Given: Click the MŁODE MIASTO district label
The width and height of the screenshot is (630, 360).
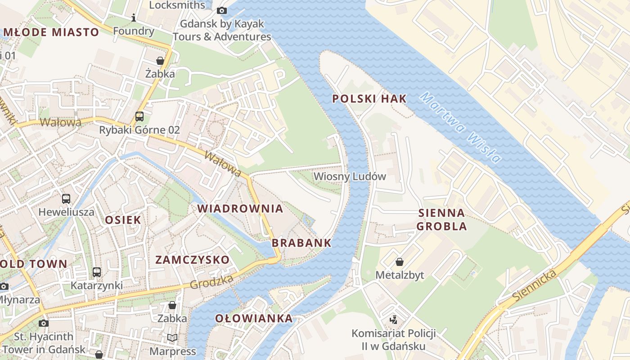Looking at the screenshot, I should click(x=51, y=32).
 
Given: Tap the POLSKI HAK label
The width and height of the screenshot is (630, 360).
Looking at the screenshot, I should click(x=369, y=99).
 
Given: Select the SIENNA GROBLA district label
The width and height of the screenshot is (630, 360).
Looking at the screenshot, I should click(x=441, y=219).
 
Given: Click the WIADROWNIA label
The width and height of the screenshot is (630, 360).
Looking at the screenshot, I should click(x=240, y=209).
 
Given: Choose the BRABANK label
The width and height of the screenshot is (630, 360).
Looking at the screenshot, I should click(x=301, y=243).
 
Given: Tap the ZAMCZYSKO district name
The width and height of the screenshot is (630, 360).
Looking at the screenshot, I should click(x=192, y=260).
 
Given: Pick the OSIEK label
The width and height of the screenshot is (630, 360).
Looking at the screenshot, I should click(x=123, y=220).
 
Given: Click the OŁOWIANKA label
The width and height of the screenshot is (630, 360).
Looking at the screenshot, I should click(x=254, y=319).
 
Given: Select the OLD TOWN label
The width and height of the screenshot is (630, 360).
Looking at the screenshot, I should click(x=34, y=264).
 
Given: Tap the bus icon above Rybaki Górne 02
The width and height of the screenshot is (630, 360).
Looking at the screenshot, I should click(x=139, y=117).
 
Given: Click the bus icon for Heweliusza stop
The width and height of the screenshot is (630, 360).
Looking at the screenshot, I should click(x=66, y=198).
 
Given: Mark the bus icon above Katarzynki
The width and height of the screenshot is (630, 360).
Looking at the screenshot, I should click(x=97, y=272).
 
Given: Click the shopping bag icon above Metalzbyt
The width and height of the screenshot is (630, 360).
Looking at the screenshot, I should click(x=399, y=261).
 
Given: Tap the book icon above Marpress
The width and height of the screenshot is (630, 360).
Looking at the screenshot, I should click(x=172, y=337).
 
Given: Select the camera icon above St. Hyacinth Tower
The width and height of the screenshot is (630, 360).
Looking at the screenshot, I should click(x=43, y=323).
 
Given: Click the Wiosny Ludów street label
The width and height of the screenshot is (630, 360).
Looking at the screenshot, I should click(x=350, y=176).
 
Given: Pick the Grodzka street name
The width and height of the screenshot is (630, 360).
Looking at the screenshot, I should click(x=211, y=282).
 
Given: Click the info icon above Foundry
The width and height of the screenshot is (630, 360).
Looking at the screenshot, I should click(x=133, y=18).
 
